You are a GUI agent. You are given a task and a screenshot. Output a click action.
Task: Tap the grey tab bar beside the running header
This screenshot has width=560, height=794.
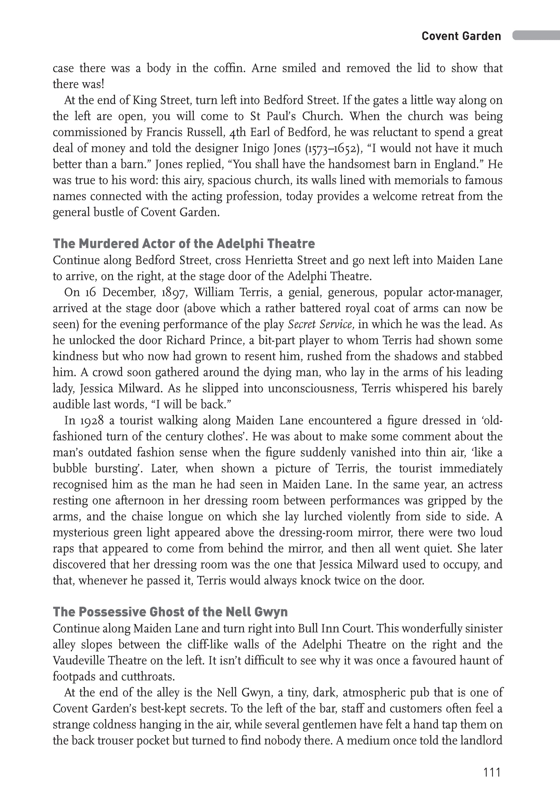pyautogui.click(x=536, y=35)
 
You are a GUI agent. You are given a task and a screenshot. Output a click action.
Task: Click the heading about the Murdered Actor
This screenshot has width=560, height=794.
pyautogui.click(x=184, y=244)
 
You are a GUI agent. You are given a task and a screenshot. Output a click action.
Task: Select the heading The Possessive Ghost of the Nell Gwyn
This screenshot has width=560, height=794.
pyautogui.click(x=170, y=612)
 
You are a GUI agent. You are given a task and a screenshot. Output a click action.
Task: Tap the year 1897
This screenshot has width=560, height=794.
pyautogui.click(x=174, y=292)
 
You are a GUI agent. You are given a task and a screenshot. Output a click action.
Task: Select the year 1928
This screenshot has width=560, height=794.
pyautogui.click(x=92, y=421)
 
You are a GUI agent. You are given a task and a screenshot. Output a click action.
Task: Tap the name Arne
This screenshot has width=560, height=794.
pyautogui.click(x=264, y=68)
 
